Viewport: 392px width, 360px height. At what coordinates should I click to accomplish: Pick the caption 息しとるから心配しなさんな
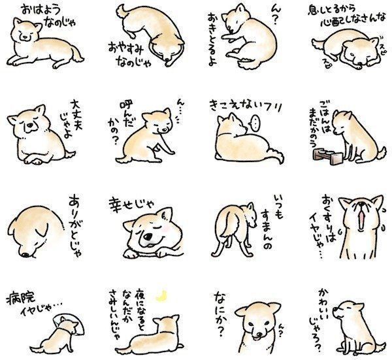tap(338, 16)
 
